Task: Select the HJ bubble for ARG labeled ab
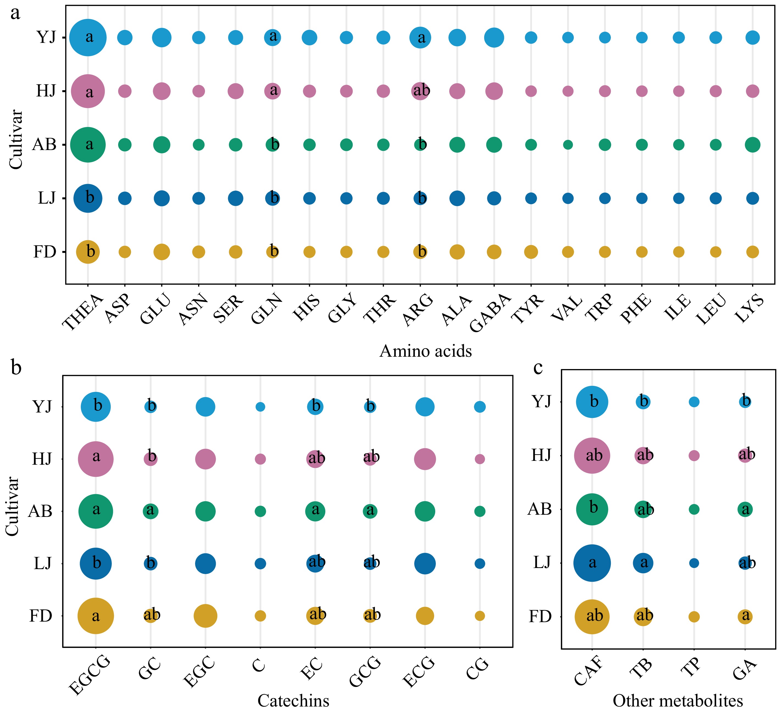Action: click(x=420, y=91)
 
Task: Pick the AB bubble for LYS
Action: click(x=752, y=145)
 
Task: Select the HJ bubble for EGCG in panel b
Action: click(x=96, y=459)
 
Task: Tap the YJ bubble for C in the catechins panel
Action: click(x=260, y=407)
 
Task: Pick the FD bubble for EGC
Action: click(x=206, y=616)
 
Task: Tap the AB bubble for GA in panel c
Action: click(x=745, y=509)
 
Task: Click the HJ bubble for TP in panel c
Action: click(x=694, y=455)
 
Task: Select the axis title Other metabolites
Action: click(x=678, y=700)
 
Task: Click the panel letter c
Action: click(x=538, y=368)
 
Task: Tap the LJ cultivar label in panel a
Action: click(x=47, y=198)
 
